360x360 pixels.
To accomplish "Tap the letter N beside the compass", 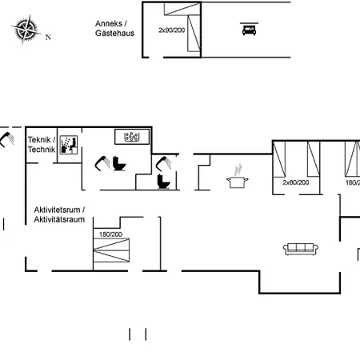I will (x=48, y=37).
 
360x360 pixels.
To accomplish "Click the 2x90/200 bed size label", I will (x=171, y=30).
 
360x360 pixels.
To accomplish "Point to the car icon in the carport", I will (x=247, y=30).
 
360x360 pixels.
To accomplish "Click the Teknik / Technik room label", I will (x=42, y=145).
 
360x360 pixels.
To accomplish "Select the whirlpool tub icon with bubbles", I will (x=133, y=136).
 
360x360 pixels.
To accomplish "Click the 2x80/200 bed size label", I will (x=295, y=182).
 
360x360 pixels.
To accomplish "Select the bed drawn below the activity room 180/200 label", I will (x=110, y=255).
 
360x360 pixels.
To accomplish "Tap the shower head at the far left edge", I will (x=7, y=138).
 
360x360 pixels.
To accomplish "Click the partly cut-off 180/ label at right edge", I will (x=352, y=182).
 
